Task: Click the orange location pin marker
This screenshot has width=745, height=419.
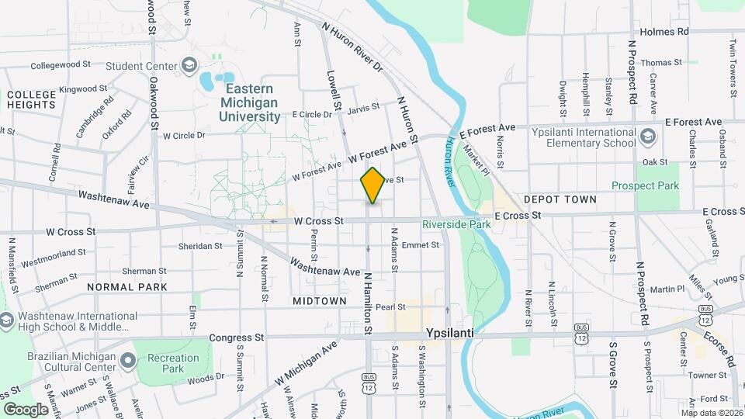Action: click(x=372, y=185)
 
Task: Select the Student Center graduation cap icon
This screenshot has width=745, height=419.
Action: click(x=188, y=65)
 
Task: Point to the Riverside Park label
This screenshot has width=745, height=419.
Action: click(x=457, y=224)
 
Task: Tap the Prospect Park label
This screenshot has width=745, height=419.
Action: click(x=645, y=185)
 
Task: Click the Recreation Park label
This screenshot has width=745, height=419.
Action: click(x=174, y=363)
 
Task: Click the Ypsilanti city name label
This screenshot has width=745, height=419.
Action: click(x=450, y=332)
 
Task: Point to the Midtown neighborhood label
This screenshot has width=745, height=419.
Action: click(x=320, y=300)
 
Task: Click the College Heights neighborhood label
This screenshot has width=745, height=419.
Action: click(x=31, y=100)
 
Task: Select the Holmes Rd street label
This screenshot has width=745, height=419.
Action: click(x=664, y=32)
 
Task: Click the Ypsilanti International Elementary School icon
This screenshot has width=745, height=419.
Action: click(x=649, y=137)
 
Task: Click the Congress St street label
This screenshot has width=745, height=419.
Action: click(x=237, y=338)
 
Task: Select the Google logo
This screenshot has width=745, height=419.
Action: click(x=26, y=409)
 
